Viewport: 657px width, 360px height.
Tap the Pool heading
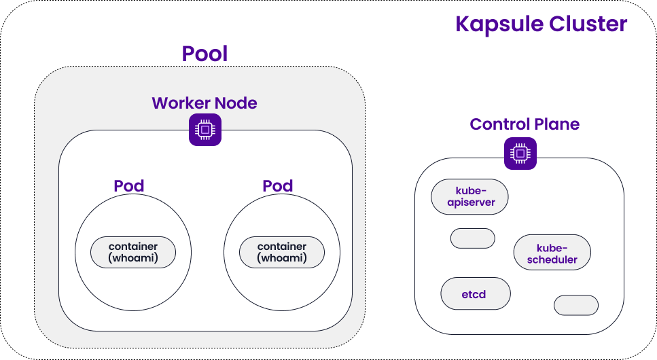click(x=205, y=54)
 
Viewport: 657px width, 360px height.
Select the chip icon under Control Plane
click(x=520, y=154)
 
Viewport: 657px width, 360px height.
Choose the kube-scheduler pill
click(x=552, y=253)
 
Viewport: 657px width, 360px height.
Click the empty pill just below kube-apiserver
click(x=472, y=238)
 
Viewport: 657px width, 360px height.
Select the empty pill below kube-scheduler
click(x=576, y=305)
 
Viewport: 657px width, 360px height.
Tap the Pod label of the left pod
click(x=129, y=186)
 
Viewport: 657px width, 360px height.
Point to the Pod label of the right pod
click(x=277, y=186)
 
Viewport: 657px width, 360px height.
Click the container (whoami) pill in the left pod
click(x=133, y=253)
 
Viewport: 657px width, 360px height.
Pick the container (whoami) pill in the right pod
click(x=281, y=253)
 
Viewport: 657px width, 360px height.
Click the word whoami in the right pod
click(x=282, y=259)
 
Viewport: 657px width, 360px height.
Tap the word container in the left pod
click(x=133, y=247)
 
